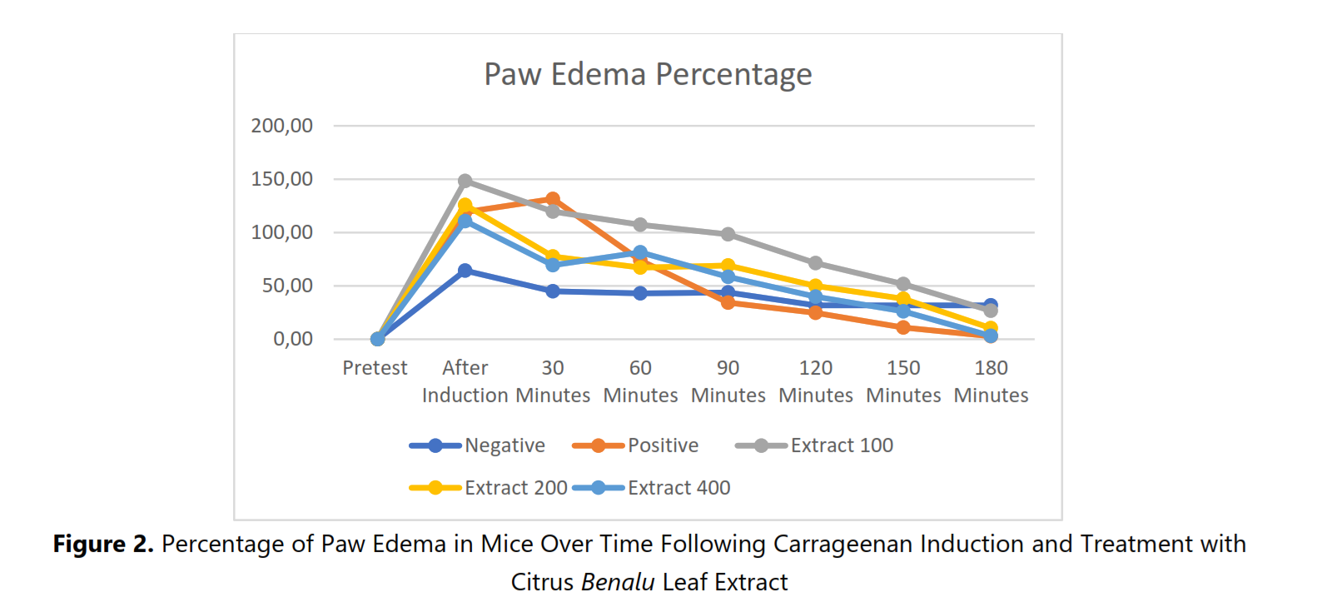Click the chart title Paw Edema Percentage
coord(648,74)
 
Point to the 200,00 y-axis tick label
coord(281,126)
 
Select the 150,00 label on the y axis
coord(281,179)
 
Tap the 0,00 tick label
coord(293,339)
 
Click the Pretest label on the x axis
coord(375,368)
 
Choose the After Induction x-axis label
coord(465,381)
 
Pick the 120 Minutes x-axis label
coord(816,381)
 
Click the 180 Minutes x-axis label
coord(991,381)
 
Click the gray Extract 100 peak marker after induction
coord(465,181)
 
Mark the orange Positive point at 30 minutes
coord(553,199)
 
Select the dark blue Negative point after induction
coord(465,271)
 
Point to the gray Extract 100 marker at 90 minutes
coord(728,234)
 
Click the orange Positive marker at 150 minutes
coord(903,327)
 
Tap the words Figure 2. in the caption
coord(103,545)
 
